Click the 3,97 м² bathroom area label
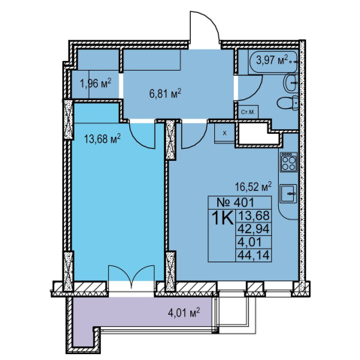272,61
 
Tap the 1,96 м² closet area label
95,83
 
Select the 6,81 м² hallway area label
165,94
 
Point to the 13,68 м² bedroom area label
102,138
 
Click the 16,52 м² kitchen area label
253,186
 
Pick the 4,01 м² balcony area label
184,313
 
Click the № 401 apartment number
235,202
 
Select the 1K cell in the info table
222,219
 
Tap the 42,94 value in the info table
254,228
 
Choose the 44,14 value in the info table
254,256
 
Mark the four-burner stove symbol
289,162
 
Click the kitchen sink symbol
289,193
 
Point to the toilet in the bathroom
288,104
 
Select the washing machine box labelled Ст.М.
248,112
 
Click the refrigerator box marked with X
224,133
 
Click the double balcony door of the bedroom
131,276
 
